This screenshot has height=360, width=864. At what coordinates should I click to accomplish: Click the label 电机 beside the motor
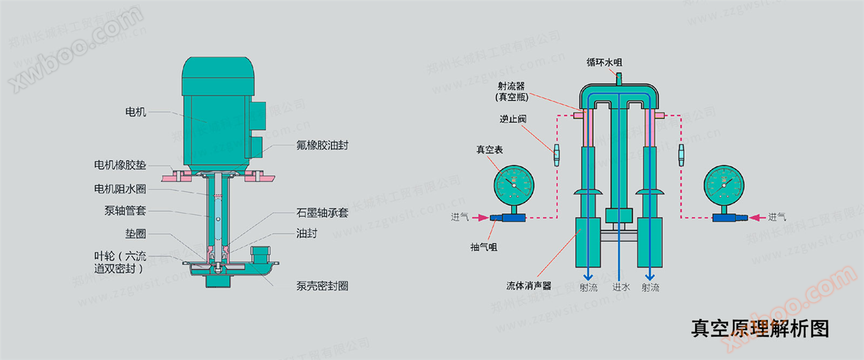click(136, 112)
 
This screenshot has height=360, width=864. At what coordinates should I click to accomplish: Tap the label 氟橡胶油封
click(318, 146)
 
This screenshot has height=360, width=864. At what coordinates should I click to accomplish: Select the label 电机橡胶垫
click(120, 166)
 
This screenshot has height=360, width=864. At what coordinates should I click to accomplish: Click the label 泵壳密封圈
click(322, 286)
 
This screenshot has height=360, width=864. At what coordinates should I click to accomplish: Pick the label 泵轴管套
click(125, 211)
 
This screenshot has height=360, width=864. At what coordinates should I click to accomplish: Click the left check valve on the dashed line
click(557, 155)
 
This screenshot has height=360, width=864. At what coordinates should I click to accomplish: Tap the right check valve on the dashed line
click(681, 155)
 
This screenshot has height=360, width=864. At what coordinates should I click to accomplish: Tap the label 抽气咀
click(483, 247)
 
